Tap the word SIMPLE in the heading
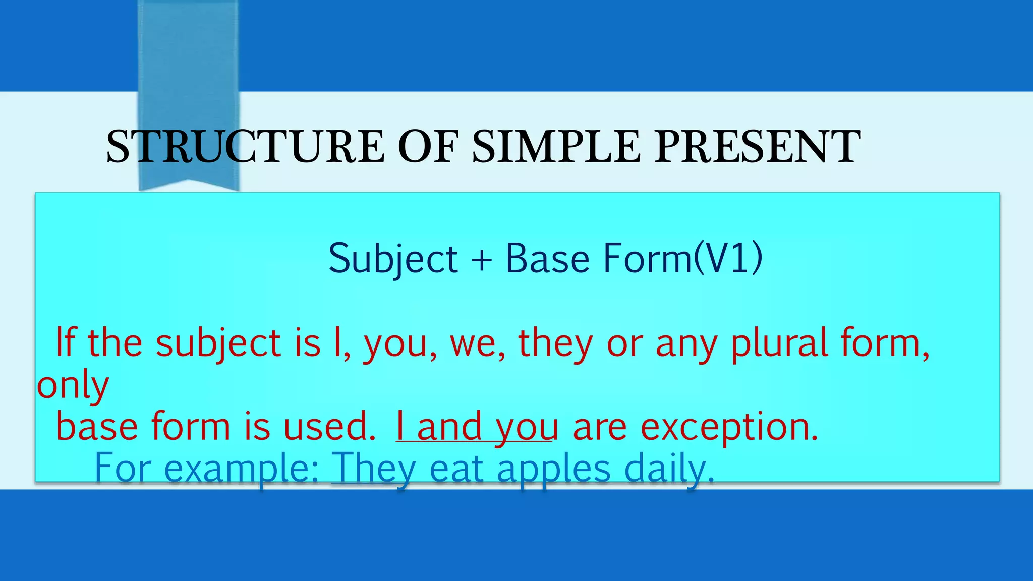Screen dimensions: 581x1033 pos(556,147)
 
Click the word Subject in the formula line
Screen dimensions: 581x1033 pos(393,258)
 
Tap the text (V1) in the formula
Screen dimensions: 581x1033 pos(728,258)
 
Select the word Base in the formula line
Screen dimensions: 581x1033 pos(547,258)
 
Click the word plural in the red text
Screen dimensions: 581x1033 pos(779,343)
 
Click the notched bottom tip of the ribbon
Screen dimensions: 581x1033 pos(189,184)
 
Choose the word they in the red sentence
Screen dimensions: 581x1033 pos(555,343)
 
